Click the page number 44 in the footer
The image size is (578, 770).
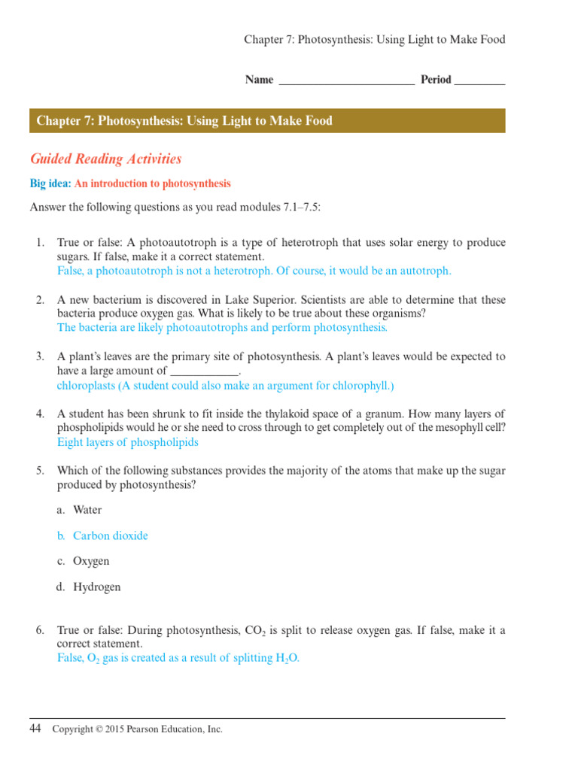[x=36, y=728]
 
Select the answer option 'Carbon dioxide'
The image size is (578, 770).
[x=111, y=536]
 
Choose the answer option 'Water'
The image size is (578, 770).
[x=87, y=511]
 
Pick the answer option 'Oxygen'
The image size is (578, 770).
[x=91, y=562]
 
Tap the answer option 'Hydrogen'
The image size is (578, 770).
[x=97, y=587]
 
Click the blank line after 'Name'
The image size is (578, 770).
[x=346, y=80]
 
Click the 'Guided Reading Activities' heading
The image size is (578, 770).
[x=106, y=159]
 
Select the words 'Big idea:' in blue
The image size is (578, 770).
[x=50, y=183]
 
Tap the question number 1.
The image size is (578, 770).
[x=40, y=243]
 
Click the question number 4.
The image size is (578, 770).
[x=40, y=414]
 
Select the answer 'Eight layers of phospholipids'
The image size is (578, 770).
[x=128, y=442]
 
